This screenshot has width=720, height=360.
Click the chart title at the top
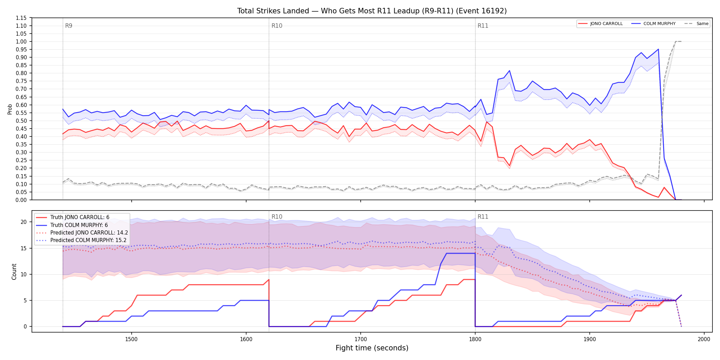point(372,11)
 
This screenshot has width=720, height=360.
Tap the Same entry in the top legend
point(696,24)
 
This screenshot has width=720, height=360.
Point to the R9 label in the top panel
point(69,26)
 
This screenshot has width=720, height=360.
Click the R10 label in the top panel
point(277,26)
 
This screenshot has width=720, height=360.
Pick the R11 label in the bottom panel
point(483,217)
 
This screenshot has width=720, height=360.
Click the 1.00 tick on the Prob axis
point(21,41)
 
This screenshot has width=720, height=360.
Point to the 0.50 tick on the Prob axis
point(21,121)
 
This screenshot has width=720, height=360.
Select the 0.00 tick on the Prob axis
point(21,200)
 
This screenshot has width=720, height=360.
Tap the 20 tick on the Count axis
point(23,222)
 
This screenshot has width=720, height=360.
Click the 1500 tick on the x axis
point(131,339)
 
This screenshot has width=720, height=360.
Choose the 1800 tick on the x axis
point(475,339)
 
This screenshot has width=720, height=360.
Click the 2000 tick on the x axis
point(704,339)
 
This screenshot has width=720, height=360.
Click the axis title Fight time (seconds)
point(372,348)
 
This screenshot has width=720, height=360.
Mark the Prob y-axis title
point(10,109)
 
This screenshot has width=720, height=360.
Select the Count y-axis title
point(14,272)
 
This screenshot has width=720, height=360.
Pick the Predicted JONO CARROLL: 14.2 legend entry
point(82,232)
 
